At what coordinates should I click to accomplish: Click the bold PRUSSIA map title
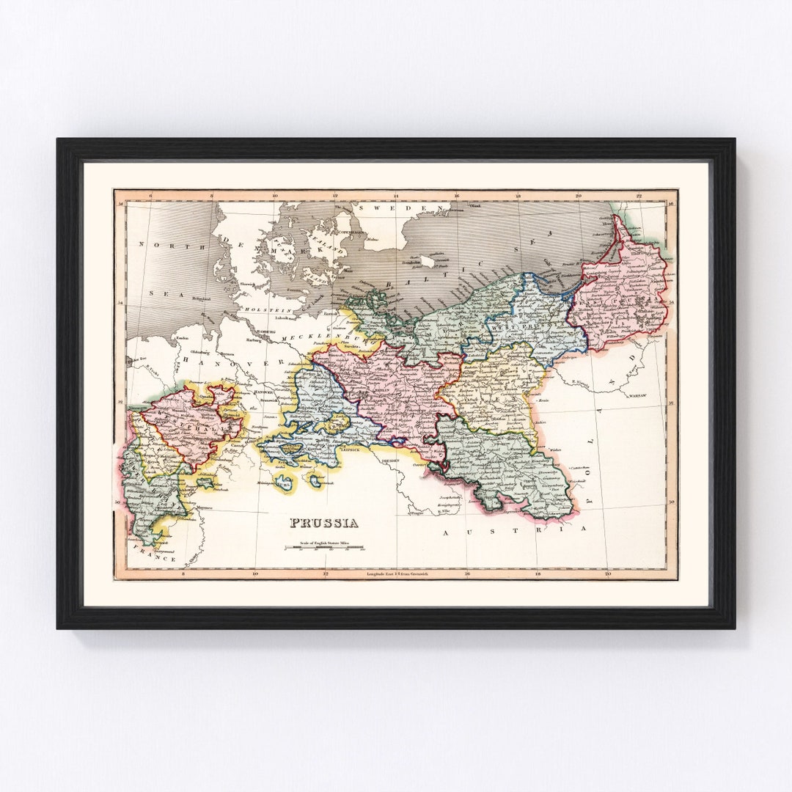coord(323,523)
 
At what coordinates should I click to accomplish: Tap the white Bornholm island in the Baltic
coord(427,262)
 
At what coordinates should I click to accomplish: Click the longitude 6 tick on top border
coord(150,196)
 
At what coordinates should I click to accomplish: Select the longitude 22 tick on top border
coord(639,196)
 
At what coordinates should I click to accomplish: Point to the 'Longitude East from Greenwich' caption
coord(397,573)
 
